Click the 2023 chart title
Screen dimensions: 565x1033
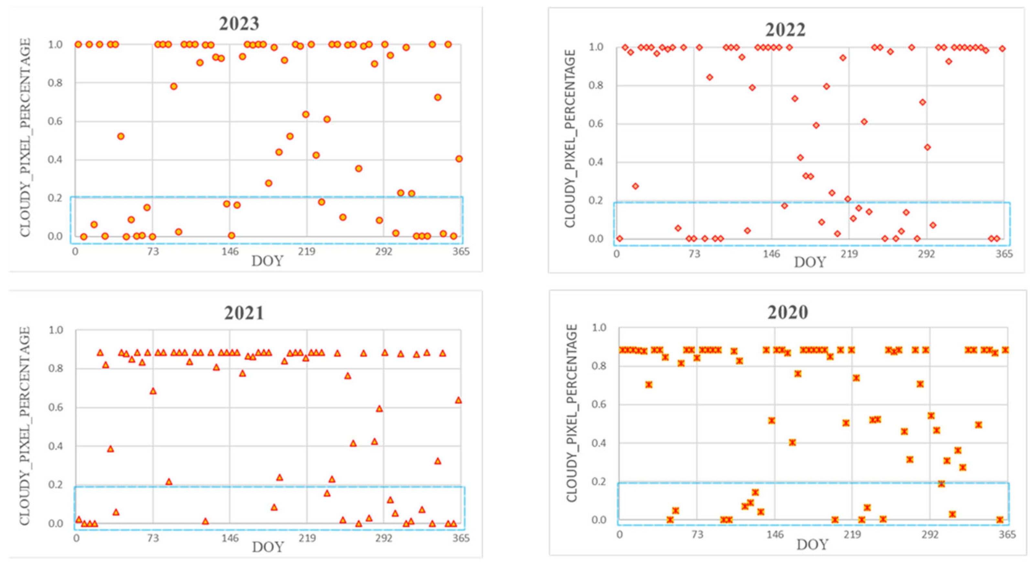pos(239,24)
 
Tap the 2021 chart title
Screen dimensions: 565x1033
pos(244,313)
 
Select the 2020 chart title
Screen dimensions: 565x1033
pos(787,312)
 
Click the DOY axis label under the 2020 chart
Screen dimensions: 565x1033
pos(812,545)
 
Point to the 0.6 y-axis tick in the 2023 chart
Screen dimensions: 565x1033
pos(55,122)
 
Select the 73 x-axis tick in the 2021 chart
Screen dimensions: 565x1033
pos(153,538)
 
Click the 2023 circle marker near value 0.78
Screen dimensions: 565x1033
pos(174,86)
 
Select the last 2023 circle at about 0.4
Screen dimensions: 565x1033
pos(459,159)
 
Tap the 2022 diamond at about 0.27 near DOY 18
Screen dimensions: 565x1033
pos(635,186)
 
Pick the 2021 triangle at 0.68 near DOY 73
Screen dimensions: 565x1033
pos(153,391)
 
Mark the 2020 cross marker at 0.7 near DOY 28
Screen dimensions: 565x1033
pos(649,385)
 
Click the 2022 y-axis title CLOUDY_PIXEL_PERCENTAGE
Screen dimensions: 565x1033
pos(570,138)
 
